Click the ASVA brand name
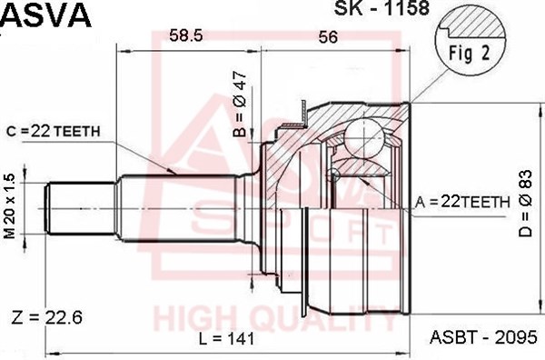(x=46, y=15)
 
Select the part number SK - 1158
(x=381, y=8)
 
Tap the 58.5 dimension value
(x=185, y=35)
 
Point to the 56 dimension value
(x=327, y=37)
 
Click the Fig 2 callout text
(x=469, y=54)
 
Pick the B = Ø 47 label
(x=240, y=105)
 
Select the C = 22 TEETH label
(x=54, y=131)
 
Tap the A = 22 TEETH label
(x=462, y=202)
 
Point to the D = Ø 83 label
(x=525, y=204)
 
